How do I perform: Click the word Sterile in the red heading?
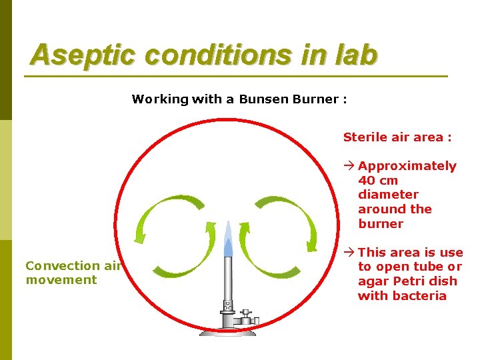tap(365, 137)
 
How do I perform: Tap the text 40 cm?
tap(378, 180)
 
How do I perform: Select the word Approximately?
tap(407, 166)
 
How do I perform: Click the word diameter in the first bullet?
tap(388, 195)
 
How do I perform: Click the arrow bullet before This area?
tap(349, 253)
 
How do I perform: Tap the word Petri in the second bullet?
tap(401, 281)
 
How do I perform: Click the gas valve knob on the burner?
tap(246, 313)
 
